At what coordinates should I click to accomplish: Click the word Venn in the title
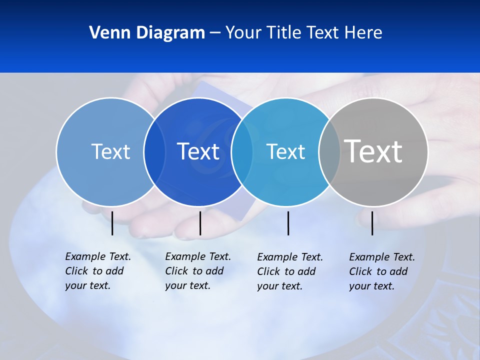coord(108,33)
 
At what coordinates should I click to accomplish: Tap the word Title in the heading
coord(283,33)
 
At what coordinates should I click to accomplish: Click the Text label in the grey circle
coord(373,151)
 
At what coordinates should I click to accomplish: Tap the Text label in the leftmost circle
coord(110,151)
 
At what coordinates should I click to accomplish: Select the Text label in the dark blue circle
coord(198,151)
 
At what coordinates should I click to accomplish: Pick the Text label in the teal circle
coord(285,151)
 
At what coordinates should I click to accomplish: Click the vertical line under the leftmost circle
coord(112,223)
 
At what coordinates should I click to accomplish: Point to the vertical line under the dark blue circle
coord(200,223)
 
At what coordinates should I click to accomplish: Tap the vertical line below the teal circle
coord(288,223)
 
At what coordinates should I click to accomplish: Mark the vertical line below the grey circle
coord(372,223)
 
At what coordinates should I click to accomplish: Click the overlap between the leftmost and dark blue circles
coord(154,151)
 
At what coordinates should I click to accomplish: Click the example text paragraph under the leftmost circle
coord(97,271)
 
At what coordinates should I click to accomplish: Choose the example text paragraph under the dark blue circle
coord(197,271)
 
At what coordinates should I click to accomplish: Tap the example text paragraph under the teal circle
coord(289,271)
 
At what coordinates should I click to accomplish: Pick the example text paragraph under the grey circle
coord(381,271)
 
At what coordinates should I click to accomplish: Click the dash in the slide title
coord(215,33)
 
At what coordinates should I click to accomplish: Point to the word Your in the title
coord(243,33)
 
